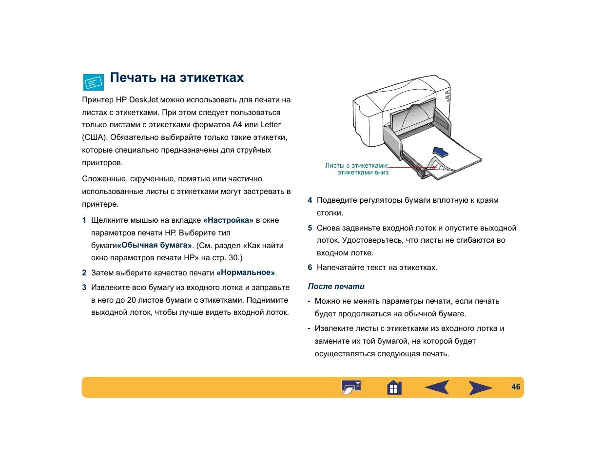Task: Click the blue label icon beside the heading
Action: tap(94, 82)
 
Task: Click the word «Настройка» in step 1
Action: tap(228, 220)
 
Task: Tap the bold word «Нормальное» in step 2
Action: tap(246, 272)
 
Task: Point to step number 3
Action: tap(84, 288)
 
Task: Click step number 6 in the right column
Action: tap(310, 268)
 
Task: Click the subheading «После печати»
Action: tap(336, 287)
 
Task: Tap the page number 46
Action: tap(516, 387)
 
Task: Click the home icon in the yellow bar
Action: tap(394, 387)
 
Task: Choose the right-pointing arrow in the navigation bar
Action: tap(480, 387)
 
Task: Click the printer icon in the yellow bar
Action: tap(351, 387)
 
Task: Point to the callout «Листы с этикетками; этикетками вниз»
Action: tap(357, 169)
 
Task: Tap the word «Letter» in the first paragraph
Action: tap(271, 125)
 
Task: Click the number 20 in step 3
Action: tap(131, 300)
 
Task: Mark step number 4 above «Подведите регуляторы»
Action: tap(310, 200)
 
